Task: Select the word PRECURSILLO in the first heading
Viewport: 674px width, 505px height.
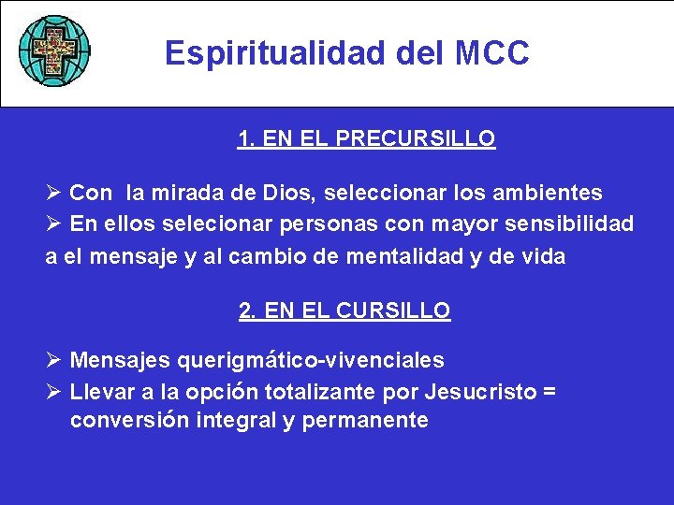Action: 415,139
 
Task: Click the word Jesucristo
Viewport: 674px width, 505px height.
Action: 476,390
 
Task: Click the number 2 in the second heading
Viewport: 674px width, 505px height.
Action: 246,310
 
